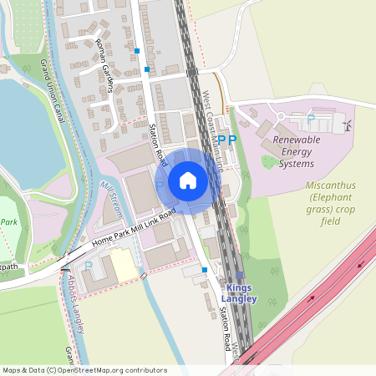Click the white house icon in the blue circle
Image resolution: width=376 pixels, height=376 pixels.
pos(188,180)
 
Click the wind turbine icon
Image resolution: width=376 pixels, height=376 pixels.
pos(348,124)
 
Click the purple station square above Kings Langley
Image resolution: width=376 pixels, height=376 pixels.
pos(240,275)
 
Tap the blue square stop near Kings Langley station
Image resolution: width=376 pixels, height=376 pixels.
pos(205,270)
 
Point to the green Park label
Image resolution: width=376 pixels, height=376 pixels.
pos(10,222)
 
